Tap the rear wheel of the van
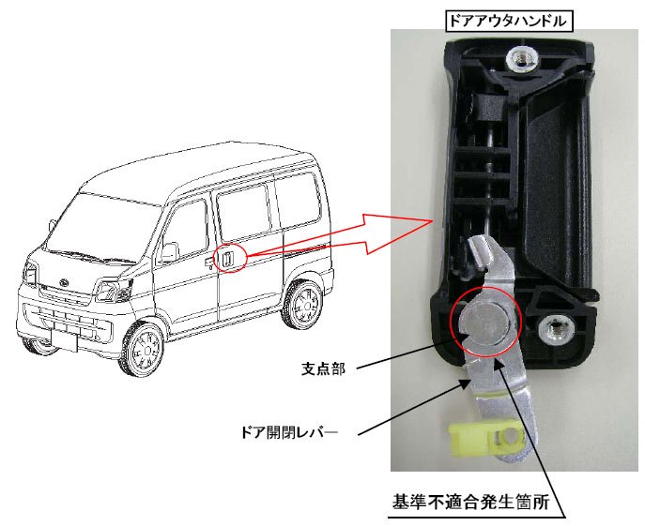306,303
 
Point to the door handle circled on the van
228,257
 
